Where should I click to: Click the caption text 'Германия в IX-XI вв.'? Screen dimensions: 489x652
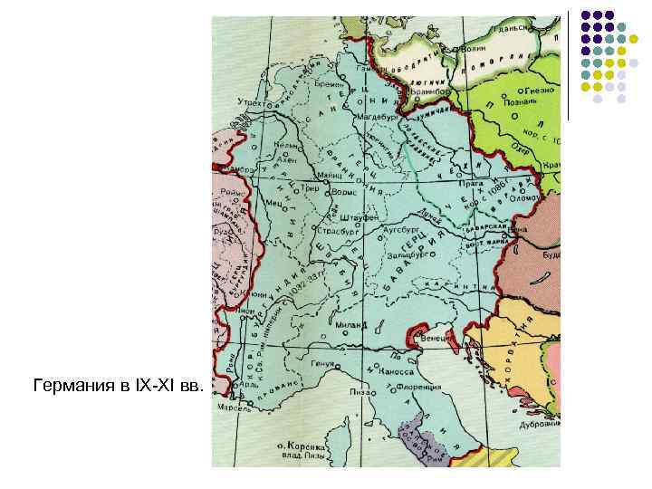point(116,387)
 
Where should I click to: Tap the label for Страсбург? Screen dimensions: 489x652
point(338,232)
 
